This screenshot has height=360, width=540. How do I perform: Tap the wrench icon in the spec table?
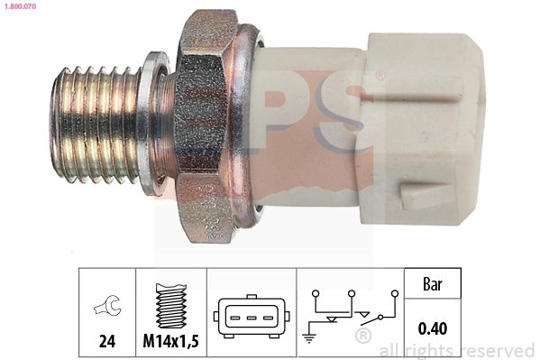pyautogui.click(x=106, y=309)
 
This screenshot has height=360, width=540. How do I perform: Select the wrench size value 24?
pyautogui.click(x=106, y=343)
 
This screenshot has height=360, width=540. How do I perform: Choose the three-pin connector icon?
pyautogui.click(x=252, y=317)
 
